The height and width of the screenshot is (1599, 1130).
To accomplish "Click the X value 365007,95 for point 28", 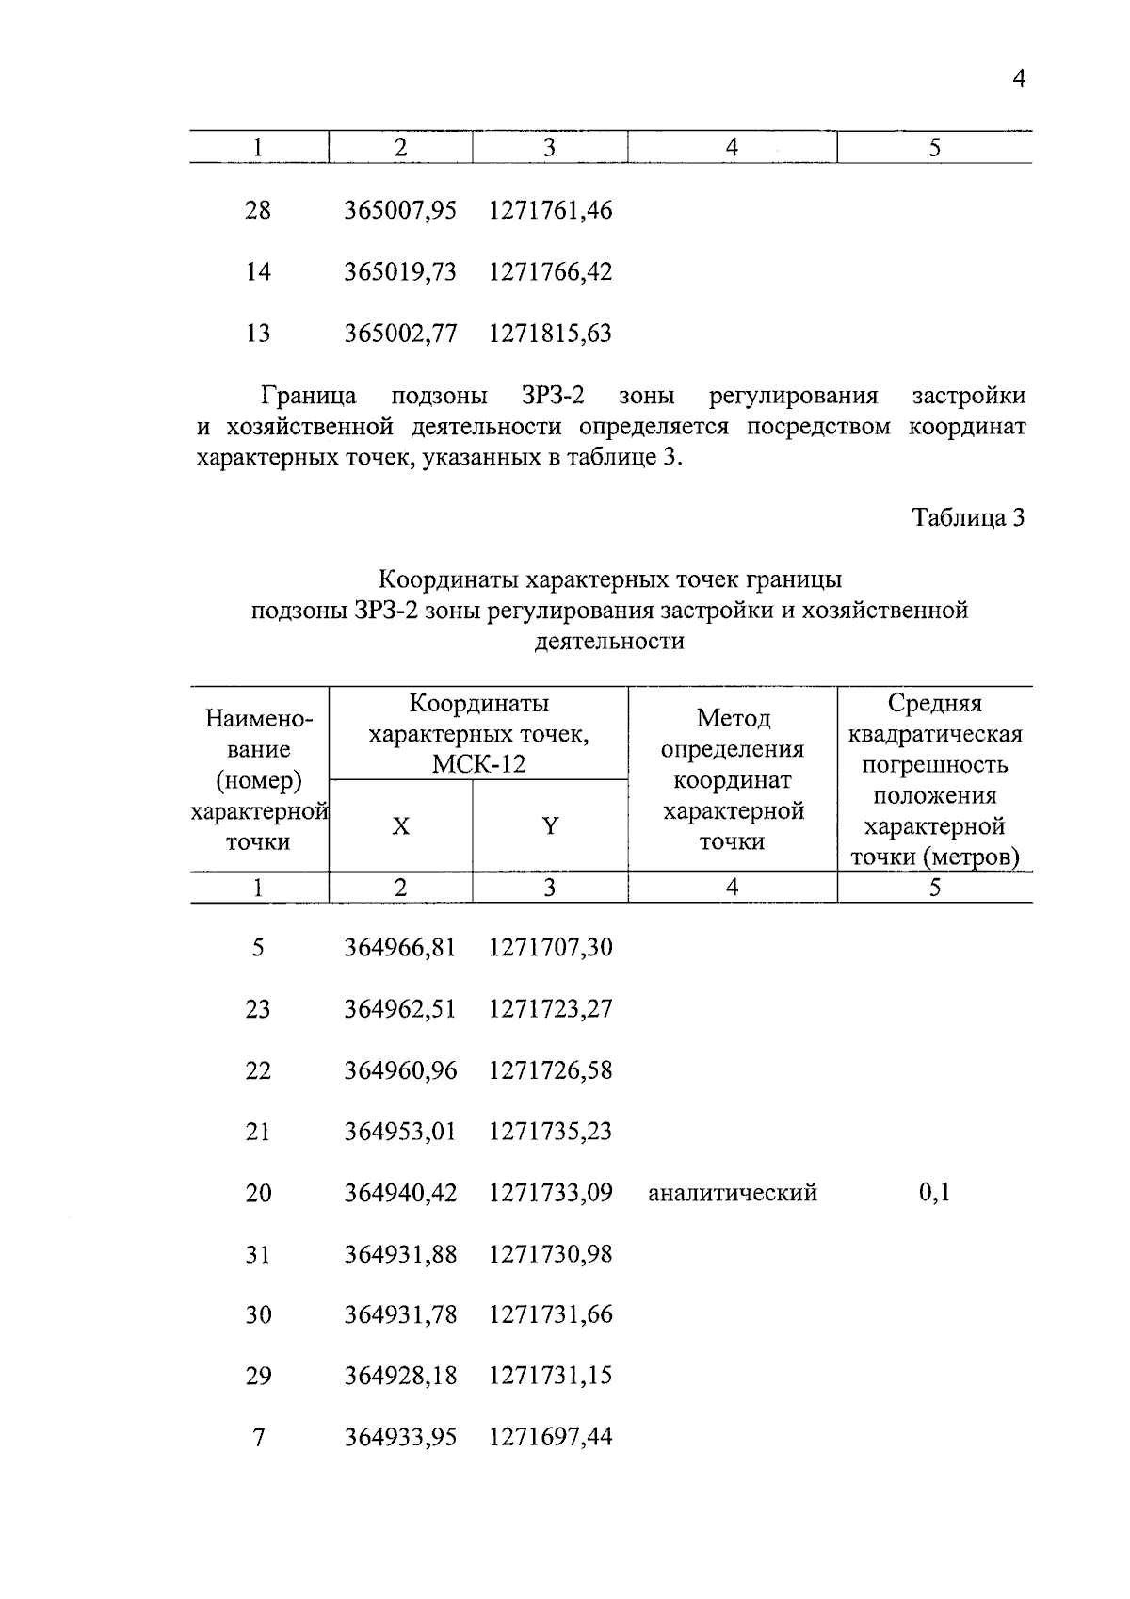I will click(399, 210).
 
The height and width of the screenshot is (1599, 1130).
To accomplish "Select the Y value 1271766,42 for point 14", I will click(550, 272).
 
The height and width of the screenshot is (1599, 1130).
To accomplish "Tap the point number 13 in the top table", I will click(257, 334).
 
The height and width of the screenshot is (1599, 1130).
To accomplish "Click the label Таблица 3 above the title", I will click(968, 517).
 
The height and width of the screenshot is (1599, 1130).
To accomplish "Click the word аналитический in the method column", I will click(732, 1193).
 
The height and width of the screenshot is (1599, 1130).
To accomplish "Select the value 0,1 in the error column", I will click(934, 1193).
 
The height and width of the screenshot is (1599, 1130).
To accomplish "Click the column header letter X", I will click(400, 826).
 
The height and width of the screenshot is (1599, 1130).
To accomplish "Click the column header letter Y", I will click(550, 826).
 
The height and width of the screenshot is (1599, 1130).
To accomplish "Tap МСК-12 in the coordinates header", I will click(478, 764).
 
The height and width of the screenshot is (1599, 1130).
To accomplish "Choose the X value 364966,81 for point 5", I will click(399, 947).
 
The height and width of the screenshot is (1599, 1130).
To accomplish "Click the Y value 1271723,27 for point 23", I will click(550, 1009).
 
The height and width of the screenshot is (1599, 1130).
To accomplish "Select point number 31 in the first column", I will click(257, 1254).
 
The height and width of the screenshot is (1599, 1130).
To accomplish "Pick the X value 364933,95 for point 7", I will click(399, 1437).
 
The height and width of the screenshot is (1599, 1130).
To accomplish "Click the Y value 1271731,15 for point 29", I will click(550, 1376).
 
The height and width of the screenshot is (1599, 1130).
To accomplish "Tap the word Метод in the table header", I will click(733, 719).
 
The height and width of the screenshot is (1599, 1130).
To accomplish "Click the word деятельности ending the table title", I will click(609, 642).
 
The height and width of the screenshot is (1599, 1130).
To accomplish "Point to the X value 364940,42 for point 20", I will click(399, 1193).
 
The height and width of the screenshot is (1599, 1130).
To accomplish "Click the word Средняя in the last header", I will click(934, 703).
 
